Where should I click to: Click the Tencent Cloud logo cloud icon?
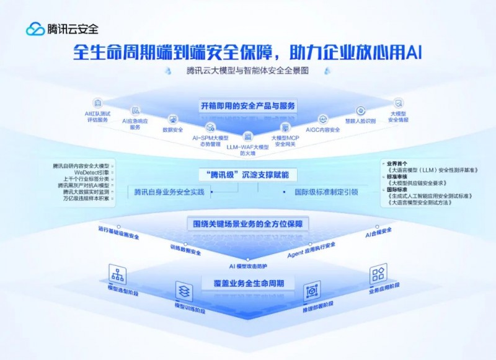pyautogui.click(x=35, y=29)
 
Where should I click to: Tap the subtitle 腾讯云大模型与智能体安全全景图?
pyautogui.click(x=247, y=71)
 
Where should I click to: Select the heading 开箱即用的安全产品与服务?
pyautogui.click(x=248, y=106)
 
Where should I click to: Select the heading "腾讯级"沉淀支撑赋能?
pyautogui.click(x=247, y=174)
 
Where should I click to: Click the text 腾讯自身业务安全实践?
pyautogui.click(x=169, y=192)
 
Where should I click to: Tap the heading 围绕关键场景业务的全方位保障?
pyautogui.click(x=248, y=224)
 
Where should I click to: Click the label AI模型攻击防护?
pyautogui.click(x=247, y=266)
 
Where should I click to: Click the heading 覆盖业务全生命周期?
pyautogui.click(x=247, y=283)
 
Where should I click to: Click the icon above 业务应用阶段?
pyautogui.click(x=378, y=274)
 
